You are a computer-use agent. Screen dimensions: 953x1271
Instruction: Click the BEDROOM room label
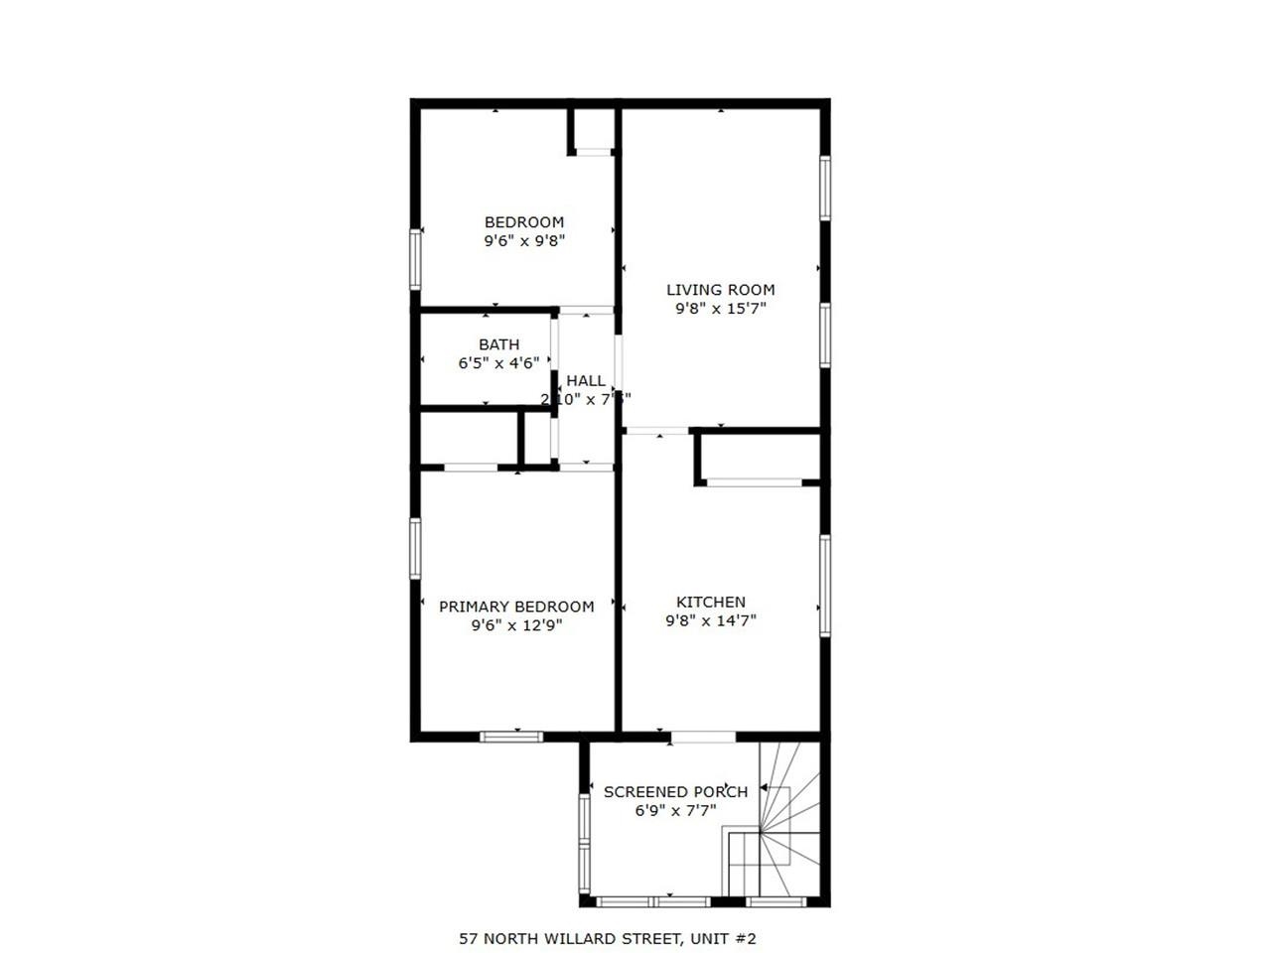pyautogui.click(x=523, y=222)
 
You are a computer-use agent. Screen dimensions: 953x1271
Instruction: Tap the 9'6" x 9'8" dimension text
pyautogui.click(x=523, y=240)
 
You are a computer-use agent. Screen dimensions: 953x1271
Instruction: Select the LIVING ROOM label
pyautogui.click(x=720, y=290)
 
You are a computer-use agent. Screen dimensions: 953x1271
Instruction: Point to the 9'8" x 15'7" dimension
pyautogui.click(x=720, y=309)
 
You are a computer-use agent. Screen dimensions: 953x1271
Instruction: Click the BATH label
pyautogui.click(x=498, y=344)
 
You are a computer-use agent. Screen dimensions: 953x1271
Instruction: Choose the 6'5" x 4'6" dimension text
pyautogui.click(x=498, y=363)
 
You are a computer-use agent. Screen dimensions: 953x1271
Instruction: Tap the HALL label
pyautogui.click(x=586, y=380)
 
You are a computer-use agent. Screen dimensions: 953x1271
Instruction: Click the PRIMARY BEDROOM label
pyautogui.click(x=516, y=607)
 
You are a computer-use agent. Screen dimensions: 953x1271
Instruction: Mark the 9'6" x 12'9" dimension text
pyautogui.click(x=516, y=625)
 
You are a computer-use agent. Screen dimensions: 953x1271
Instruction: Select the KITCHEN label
pyautogui.click(x=711, y=602)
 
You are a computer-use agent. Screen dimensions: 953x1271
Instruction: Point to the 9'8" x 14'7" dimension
pyautogui.click(x=711, y=620)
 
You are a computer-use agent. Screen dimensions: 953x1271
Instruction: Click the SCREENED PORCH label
pyautogui.click(x=675, y=792)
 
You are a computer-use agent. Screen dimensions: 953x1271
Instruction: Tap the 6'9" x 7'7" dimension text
pyautogui.click(x=675, y=810)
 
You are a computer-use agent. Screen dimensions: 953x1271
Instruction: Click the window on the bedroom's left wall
pyautogui.click(x=416, y=259)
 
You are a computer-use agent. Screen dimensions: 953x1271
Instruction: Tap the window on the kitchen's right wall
pyautogui.click(x=825, y=586)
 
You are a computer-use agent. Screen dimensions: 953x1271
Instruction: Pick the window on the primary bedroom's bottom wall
pyautogui.click(x=511, y=737)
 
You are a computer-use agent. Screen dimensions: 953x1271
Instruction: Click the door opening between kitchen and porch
pyautogui.click(x=702, y=737)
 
